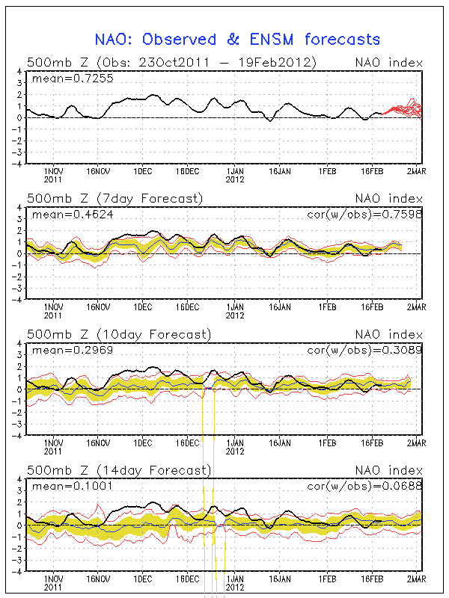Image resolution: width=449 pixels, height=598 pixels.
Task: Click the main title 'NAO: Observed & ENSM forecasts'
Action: [x=237, y=40]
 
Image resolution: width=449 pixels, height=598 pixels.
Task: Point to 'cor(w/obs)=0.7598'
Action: [x=364, y=215]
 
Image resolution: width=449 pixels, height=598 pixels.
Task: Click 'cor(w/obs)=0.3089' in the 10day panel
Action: [x=364, y=351]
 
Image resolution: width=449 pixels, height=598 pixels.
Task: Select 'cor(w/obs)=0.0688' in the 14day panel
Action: [x=364, y=487]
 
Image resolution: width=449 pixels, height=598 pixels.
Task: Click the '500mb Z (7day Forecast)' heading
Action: [x=114, y=198]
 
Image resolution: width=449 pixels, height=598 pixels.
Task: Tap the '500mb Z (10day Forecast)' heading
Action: [x=118, y=334]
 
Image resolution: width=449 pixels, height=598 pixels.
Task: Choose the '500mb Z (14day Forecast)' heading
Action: [x=118, y=470]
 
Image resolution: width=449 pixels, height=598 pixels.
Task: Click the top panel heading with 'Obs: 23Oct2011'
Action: [x=170, y=62]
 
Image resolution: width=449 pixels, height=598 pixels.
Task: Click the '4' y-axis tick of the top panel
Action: [x=19, y=72]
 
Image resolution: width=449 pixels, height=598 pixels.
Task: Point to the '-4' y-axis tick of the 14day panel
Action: [x=18, y=570]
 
